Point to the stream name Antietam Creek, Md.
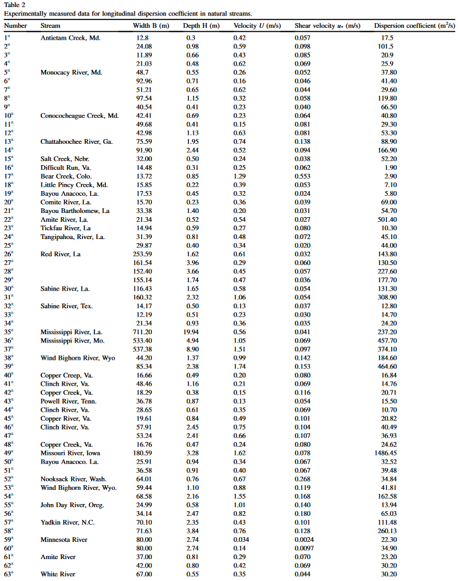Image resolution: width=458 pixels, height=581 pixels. point(70,38)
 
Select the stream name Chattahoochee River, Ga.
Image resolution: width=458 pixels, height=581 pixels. point(76,141)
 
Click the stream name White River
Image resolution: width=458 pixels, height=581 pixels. point(57,574)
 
